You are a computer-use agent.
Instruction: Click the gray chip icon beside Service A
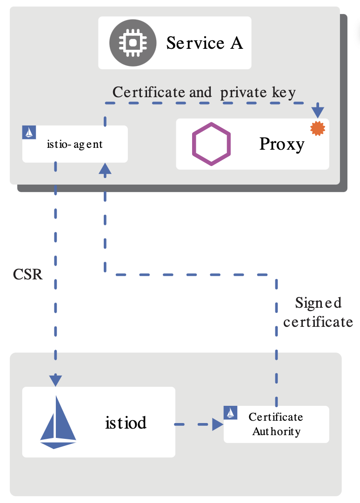(x=133, y=43)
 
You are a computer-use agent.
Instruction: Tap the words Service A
(x=204, y=43)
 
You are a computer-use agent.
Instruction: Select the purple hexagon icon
(x=211, y=144)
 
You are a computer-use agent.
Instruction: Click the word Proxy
(x=281, y=144)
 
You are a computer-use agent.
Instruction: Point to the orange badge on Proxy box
(x=318, y=128)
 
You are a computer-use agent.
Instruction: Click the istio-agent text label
(x=75, y=144)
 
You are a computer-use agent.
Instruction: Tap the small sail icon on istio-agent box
(x=29, y=132)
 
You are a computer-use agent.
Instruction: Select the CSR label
(x=28, y=275)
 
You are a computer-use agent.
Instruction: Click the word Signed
(x=318, y=304)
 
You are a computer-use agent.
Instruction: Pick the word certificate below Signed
(x=318, y=322)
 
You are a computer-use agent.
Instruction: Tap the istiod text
(x=126, y=423)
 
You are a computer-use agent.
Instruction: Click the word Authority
(x=276, y=432)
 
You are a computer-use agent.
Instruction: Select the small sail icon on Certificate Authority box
(x=231, y=412)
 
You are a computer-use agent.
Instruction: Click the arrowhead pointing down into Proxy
(x=318, y=112)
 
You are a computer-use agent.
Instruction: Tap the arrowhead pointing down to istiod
(x=56, y=380)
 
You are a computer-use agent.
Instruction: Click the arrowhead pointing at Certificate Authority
(x=217, y=424)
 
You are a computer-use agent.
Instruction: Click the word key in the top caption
(x=283, y=93)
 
